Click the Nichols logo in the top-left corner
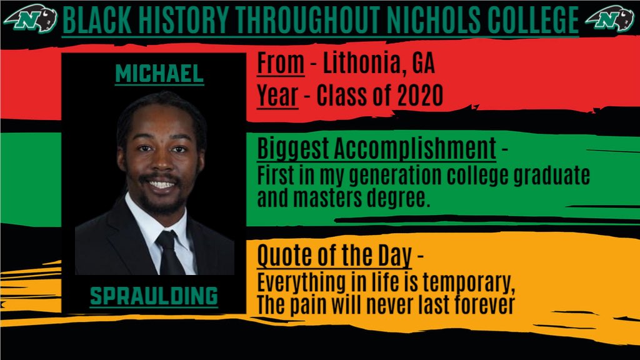[31, 21]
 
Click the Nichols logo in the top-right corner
[610, 21]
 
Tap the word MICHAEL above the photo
[159, 74]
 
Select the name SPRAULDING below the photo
[154, 296]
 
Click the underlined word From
[280, 63]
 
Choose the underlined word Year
[277, 96]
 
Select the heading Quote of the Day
[334, 256]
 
